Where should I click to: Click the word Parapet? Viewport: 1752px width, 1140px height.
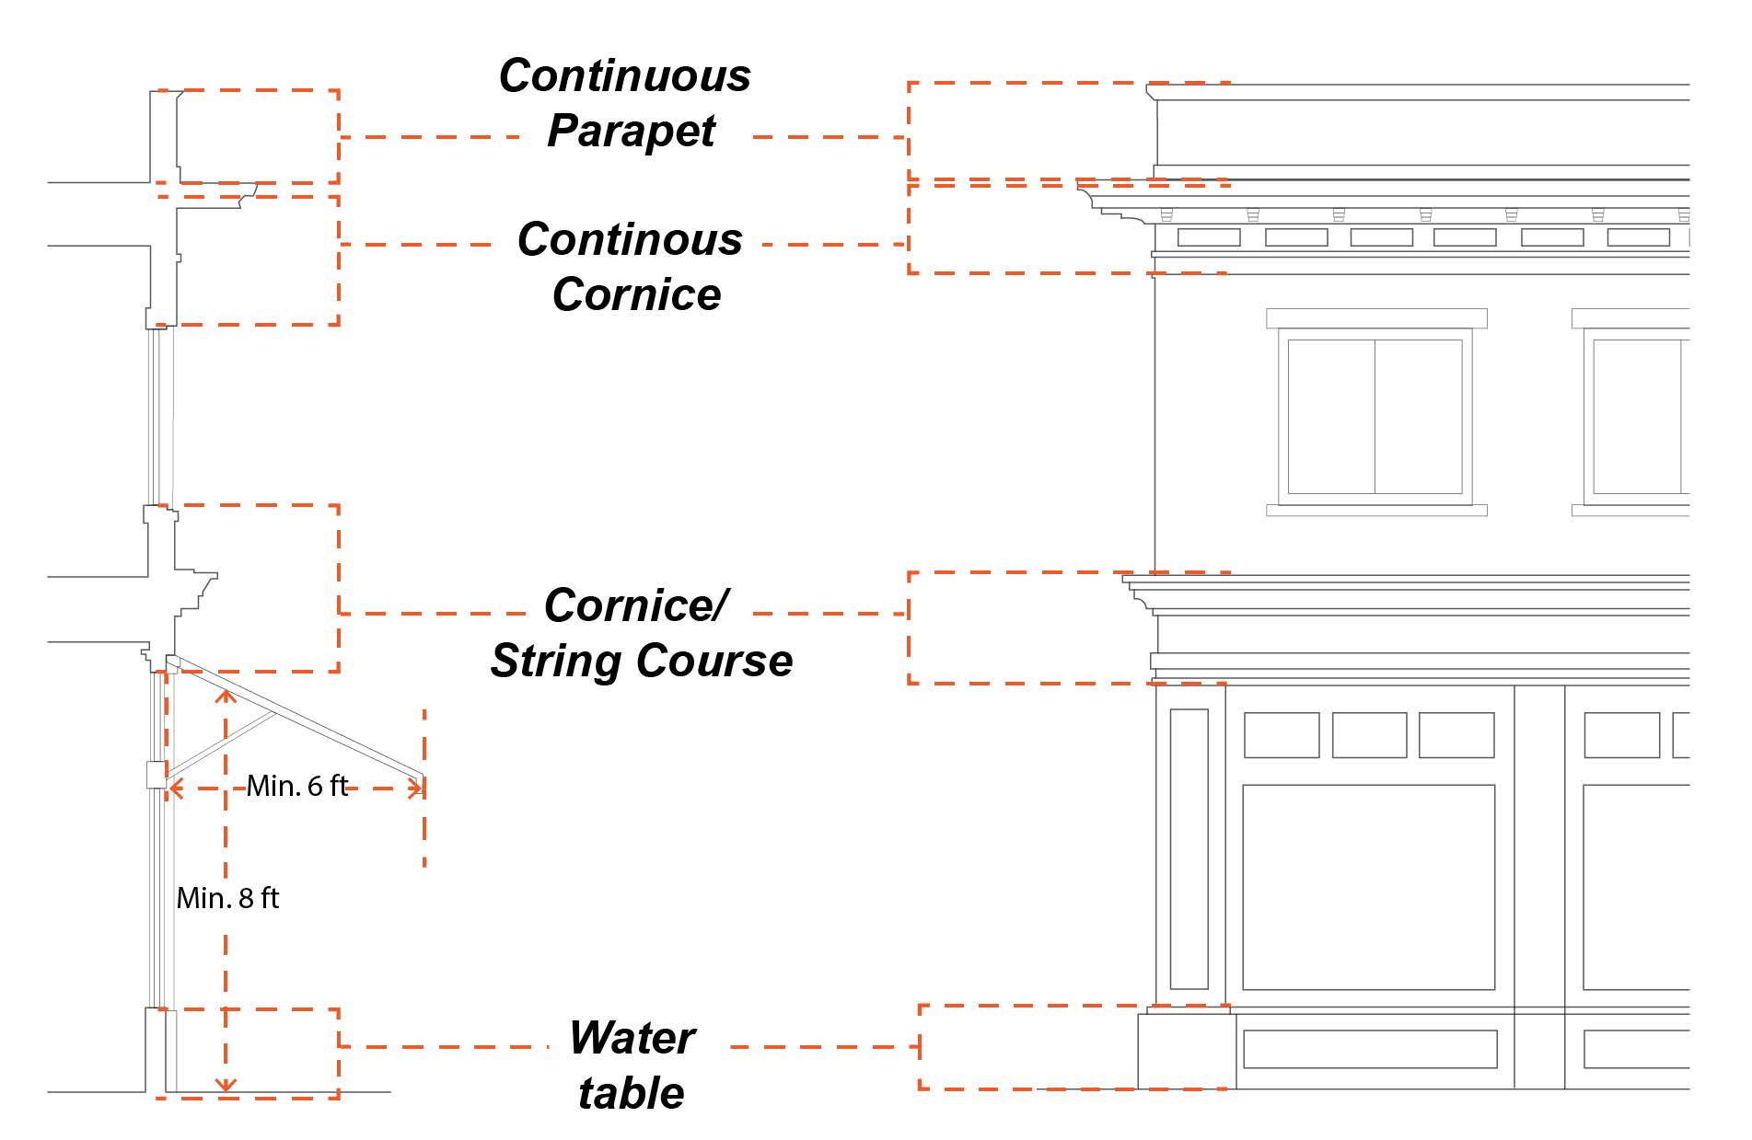tap(631, 132)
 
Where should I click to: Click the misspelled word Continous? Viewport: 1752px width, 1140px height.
tap(630, 240)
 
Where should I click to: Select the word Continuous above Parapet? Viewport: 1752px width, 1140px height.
tap(624, 76)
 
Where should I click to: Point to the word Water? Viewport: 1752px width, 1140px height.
tap(632, 1038)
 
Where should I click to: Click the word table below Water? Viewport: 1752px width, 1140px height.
tap(632, 1093)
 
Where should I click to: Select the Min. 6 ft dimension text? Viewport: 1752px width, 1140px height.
tap(297, 786)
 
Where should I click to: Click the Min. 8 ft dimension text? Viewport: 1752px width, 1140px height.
tap(227, 898)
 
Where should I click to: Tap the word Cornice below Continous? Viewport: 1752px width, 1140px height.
tap(636, 295)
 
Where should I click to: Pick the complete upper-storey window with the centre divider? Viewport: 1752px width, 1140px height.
tap(1375, 417)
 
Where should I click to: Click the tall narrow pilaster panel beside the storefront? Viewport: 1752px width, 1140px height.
tap(1189, 848)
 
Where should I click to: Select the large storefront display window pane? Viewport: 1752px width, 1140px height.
tap(1368, 887)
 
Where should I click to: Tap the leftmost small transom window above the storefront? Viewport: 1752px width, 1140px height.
tap(1281, 735)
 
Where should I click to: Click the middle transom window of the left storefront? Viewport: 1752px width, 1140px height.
tap(1369, 735)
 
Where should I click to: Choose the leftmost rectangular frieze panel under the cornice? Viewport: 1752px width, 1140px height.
tap(1209, 237)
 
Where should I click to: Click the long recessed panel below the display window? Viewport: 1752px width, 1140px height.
tap(1369, 1049)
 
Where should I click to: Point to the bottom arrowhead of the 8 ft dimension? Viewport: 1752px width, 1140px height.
tap(226, 1086)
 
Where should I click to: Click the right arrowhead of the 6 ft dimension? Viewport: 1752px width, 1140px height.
tap(417, 788)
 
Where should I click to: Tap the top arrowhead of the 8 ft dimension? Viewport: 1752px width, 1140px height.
tap(226, 695)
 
